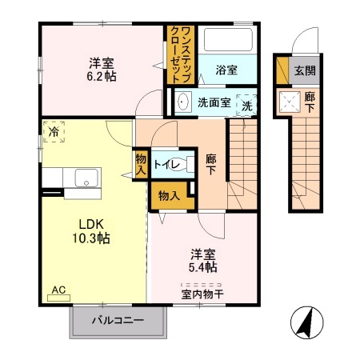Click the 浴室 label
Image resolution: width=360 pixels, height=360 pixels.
[226, 70]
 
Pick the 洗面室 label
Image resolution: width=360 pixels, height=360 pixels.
[214, 102]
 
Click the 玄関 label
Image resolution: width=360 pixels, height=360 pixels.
[304, 70]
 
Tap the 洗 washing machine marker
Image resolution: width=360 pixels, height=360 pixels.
[247, 105]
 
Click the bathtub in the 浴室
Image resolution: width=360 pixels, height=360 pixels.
[227, 40]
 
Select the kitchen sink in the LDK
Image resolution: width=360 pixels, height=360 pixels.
[82, 177]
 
